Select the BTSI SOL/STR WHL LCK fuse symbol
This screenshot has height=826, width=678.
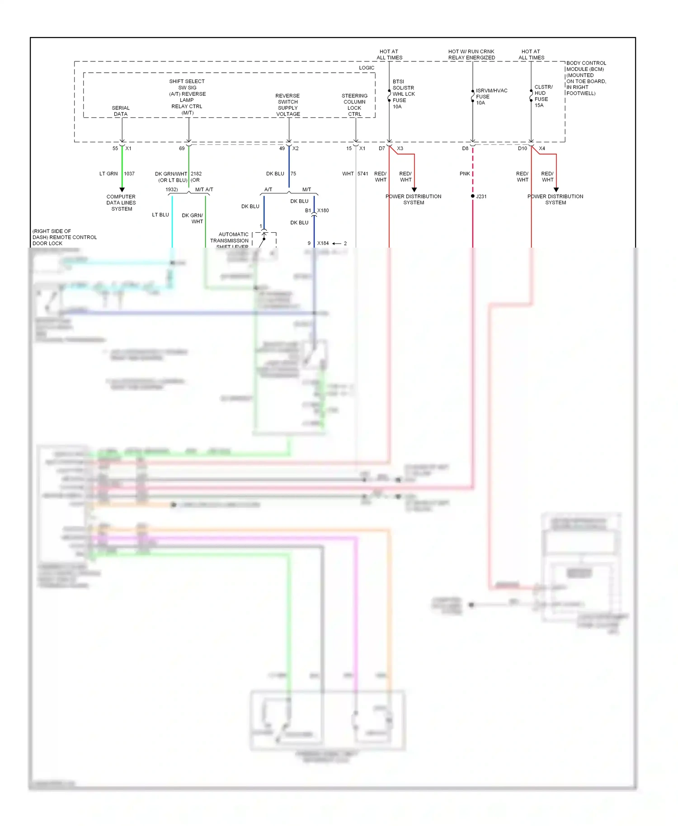pos(389,95)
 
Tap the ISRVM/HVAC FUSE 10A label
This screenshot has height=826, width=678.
pos(491,96)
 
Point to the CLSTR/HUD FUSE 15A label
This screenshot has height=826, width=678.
pos(543,96)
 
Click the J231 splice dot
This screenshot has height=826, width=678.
pos(473,196)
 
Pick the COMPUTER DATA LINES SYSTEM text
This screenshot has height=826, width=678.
pos(121,202)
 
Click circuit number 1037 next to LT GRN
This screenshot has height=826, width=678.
pos(129,174)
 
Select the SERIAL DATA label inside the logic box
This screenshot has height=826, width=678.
pos(121,111)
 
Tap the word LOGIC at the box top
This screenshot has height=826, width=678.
pos(367,68)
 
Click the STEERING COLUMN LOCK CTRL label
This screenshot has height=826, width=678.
pos(354,105)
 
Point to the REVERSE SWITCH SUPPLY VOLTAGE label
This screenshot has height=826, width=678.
pos(288,105)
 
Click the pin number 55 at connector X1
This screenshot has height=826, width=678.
pos(115,148)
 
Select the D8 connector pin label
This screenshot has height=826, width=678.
pos(465,148)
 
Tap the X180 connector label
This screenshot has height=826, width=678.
pos(323,211)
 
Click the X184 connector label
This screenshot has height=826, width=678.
pos(323,243)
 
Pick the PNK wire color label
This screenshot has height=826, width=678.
pos(465,174)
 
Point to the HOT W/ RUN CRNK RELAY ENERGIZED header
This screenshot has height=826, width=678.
pos(471,54)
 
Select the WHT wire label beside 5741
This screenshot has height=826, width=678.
pos(348,174)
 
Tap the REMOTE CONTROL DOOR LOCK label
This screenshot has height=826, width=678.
pos(65,237)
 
